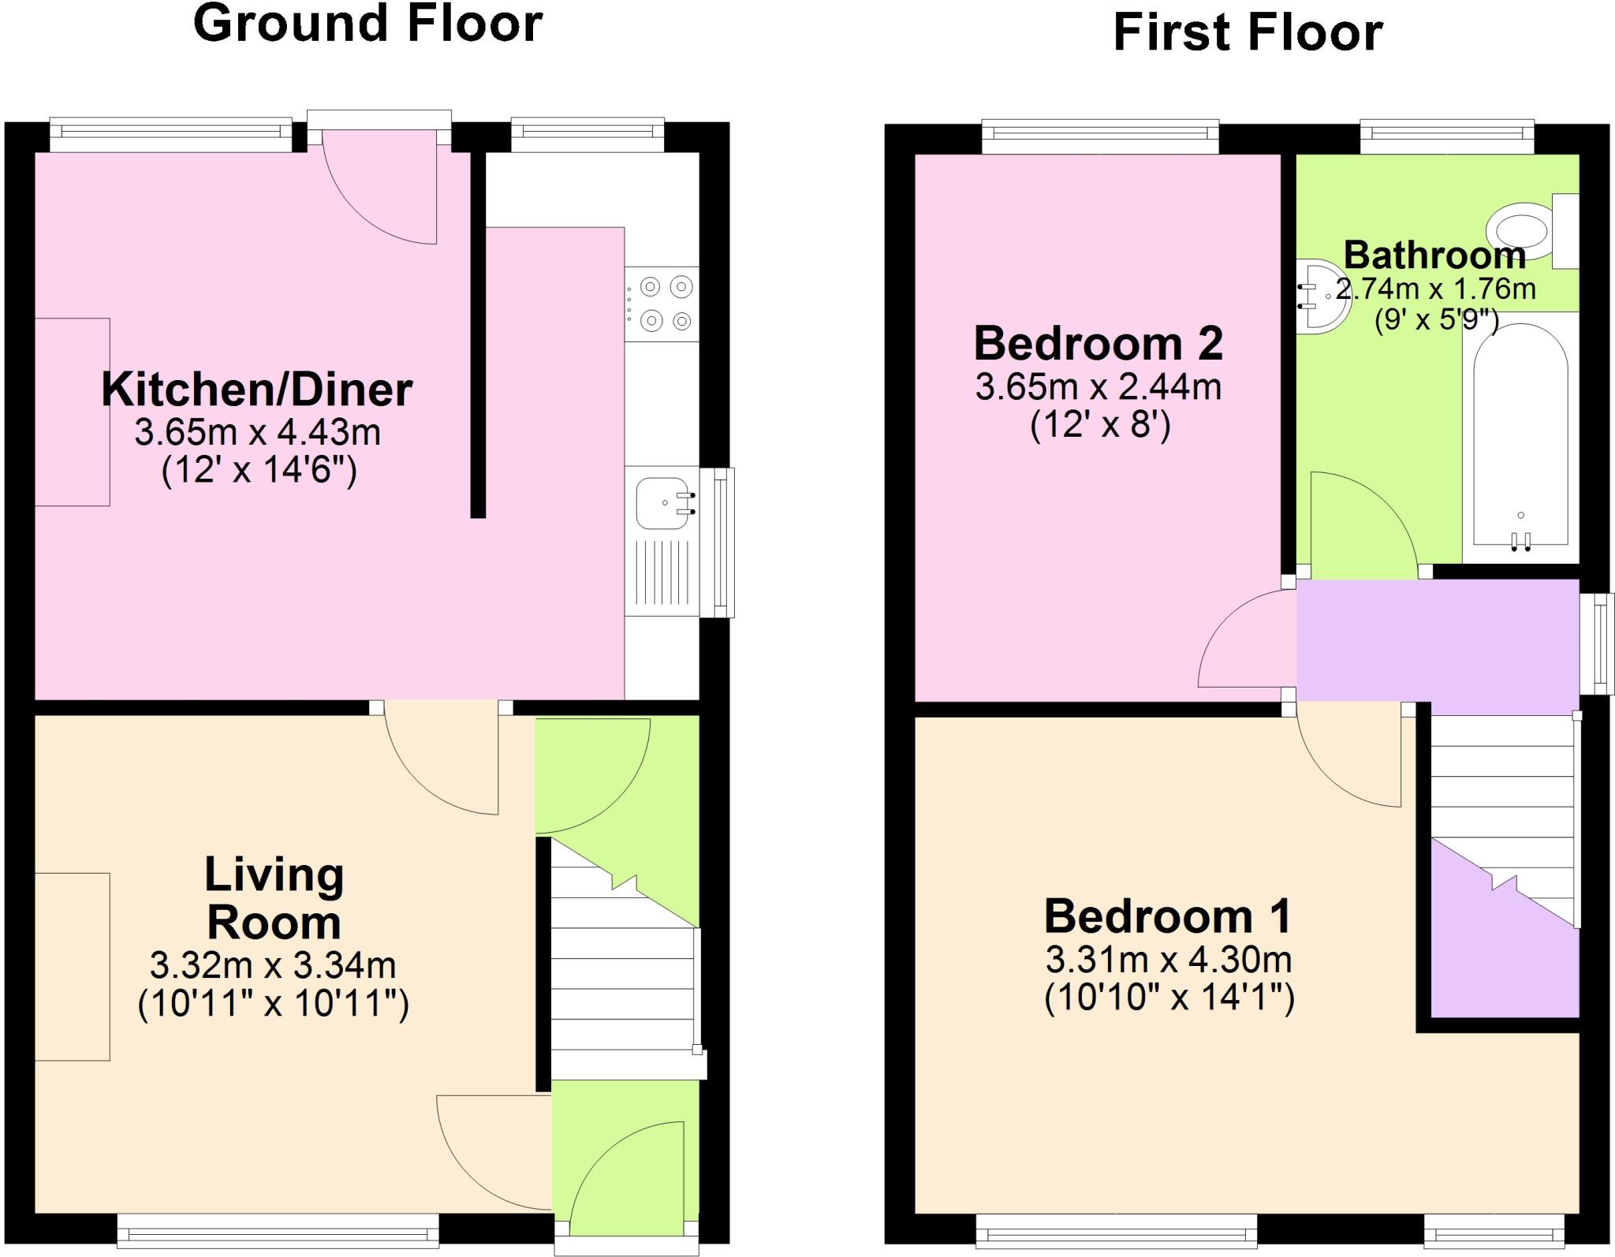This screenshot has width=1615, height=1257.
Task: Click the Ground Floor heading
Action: [367, 24]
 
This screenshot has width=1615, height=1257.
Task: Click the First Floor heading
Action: [1248, 33]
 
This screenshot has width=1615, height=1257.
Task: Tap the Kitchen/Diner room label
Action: [257, 390]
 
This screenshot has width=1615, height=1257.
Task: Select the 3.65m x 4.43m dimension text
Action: [258, 432]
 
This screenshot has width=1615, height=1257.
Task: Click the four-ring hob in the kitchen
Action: [662, 304]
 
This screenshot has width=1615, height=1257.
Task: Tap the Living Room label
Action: [274, 898]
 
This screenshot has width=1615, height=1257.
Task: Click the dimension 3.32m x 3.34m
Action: [273, 964]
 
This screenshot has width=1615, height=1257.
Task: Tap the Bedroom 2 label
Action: [1098, 344]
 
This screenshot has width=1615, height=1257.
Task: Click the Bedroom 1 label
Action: [1168, 916]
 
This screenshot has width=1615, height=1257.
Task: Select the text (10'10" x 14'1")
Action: [1169, 998]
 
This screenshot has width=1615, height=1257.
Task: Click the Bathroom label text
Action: [1434, 256]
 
